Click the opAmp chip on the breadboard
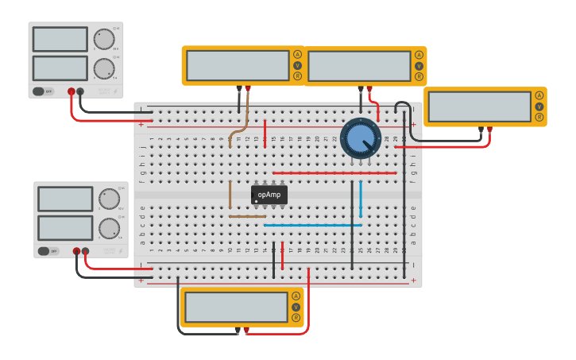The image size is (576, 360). click(269, 195)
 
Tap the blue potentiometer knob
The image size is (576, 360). click(360, 139)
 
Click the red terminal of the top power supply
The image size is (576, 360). click(72, 91)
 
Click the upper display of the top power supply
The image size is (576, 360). click(60, 39)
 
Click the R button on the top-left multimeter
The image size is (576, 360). click(297, 76)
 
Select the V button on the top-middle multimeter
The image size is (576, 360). click(419, 66)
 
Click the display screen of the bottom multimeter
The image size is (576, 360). click(234, 307)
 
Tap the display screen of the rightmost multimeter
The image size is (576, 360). click(478, 106)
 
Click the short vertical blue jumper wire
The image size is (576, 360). click(361, 198)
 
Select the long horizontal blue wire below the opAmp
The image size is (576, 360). click(312, 225)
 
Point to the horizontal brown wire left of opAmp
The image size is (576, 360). click(247, 216)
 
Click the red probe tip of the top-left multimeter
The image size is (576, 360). click(248, 88)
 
